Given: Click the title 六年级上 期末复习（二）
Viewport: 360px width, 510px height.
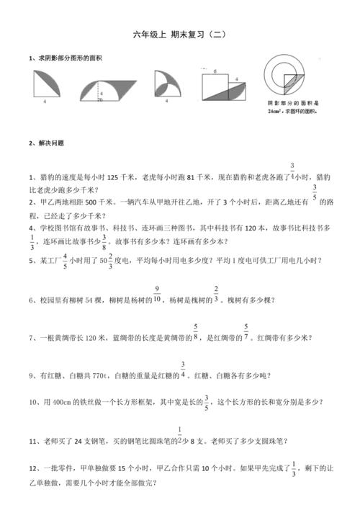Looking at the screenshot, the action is (x=180, y=35).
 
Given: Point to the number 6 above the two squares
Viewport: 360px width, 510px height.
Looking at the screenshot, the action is (x=215, y=72).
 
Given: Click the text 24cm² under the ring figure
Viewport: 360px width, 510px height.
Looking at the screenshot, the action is (x=275, y=112).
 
